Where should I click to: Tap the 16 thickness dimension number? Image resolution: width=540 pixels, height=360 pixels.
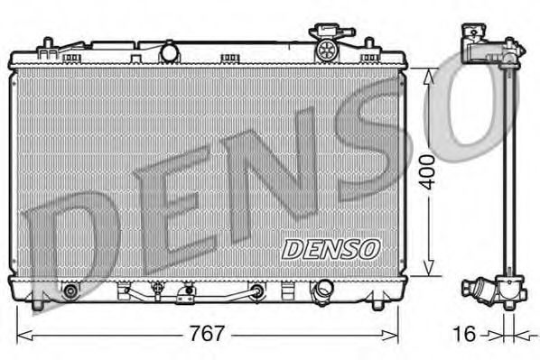coord(465,334)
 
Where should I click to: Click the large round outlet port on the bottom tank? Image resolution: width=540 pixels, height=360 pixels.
coord(321,291)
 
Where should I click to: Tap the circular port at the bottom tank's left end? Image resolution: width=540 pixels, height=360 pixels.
coord(70,291)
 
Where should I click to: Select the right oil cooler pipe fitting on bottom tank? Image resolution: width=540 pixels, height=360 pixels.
coord(258,291)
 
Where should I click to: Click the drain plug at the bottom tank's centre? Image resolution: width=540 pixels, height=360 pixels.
coord(187,292)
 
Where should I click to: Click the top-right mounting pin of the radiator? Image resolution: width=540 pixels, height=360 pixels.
coord(369,43)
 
